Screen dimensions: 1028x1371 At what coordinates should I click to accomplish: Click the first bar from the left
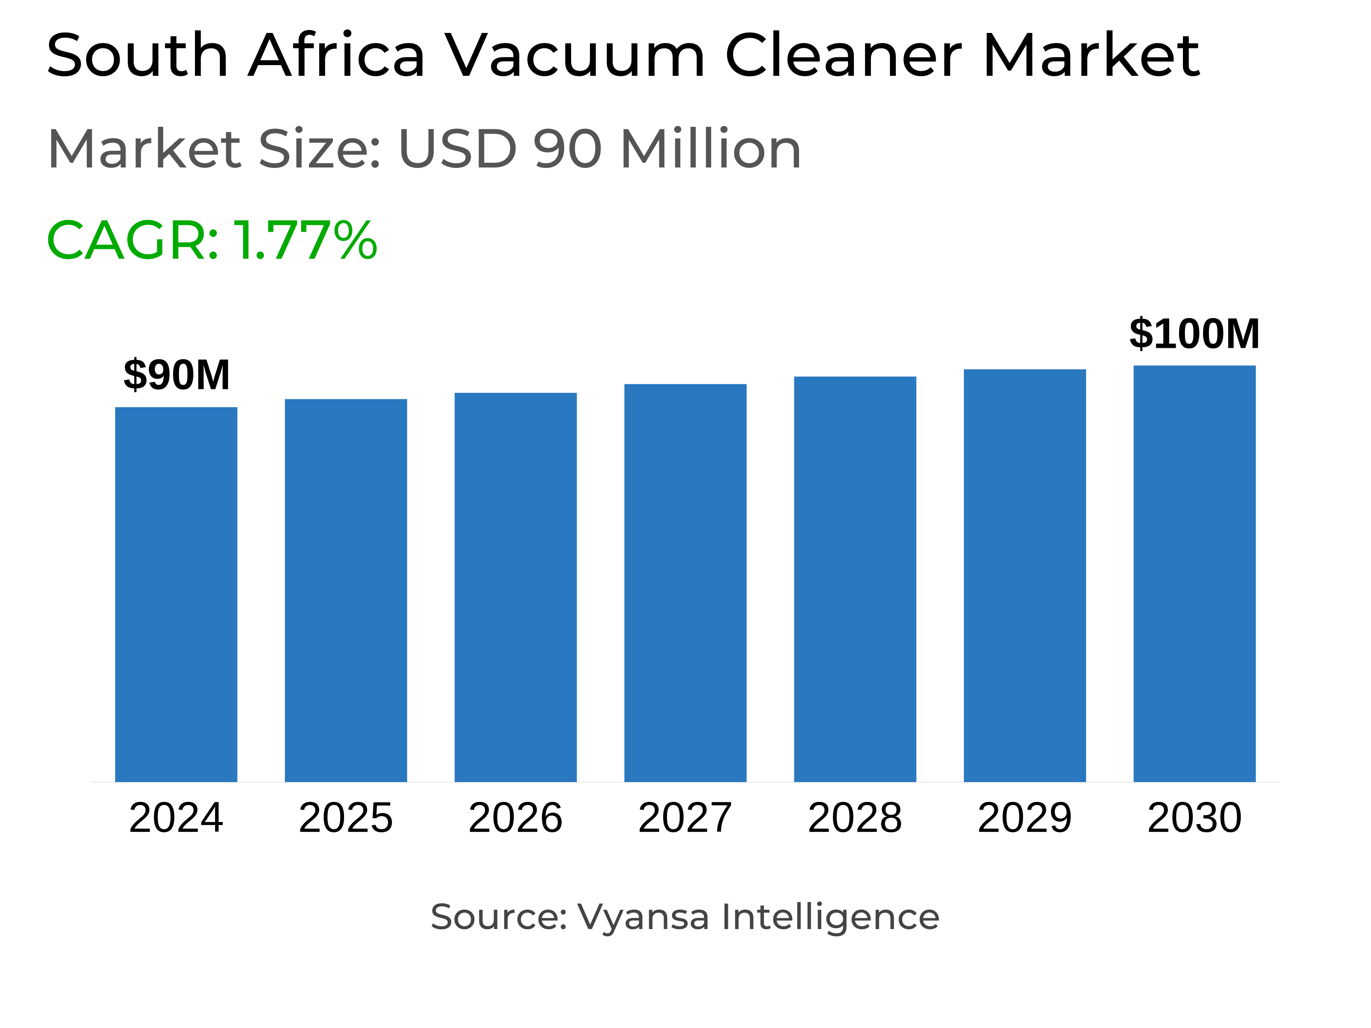pos(177,594)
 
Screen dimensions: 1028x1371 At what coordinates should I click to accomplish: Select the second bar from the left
pos(346,590)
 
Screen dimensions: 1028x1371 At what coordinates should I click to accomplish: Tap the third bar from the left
pos(516,587)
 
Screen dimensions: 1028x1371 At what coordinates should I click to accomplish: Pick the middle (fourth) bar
pos(685,583)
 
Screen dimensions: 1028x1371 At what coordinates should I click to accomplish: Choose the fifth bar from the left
pos(855,578)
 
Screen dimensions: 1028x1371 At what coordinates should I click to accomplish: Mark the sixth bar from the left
pos(1024,575)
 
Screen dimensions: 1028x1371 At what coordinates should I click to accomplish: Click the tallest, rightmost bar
pos(1194,573)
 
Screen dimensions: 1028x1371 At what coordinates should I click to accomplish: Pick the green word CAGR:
pos(133,240)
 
